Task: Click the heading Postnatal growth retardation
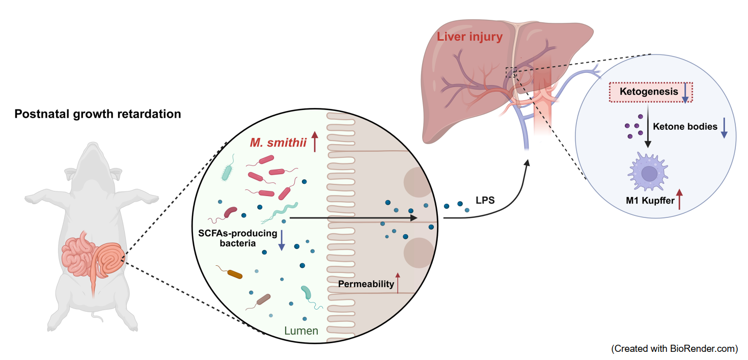pyautogui.click(x=98, y=114)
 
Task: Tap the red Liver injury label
pyautogui.click(x=469, y=37)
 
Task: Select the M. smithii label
pyautogui.click(x=278, y=143)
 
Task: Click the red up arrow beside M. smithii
pyautogui.click(x=314, y=142)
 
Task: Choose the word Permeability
pyautogui.click(x=366, y=284)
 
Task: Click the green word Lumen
pyautogui.click(x=301, y=331)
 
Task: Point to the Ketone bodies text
pyautogui.click(x=685, y=126)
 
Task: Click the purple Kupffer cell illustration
pyautogui.click(x=649, y=173)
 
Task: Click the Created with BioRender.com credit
pyautogui.click(x=674, y=349)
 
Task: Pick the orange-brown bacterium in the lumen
pyautogui.click(x=234, y=274)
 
